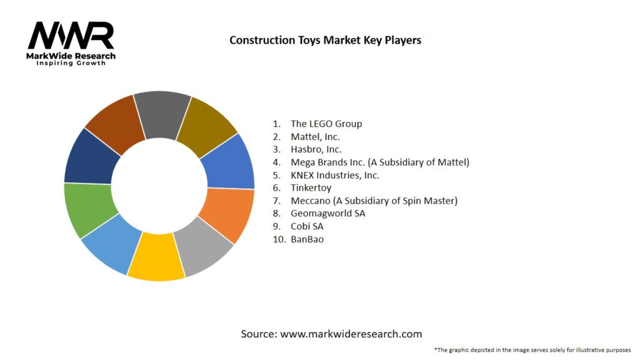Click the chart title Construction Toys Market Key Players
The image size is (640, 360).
325,40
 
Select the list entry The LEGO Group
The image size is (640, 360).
326,124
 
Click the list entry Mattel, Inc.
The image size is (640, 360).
315,136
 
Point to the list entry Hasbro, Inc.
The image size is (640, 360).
316,149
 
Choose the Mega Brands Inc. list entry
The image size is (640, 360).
379,162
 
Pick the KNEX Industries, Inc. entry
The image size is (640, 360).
334,175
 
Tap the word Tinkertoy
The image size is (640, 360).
311,187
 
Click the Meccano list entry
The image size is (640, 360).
374,201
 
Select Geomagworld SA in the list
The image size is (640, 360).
327,213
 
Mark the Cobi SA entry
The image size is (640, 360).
307,226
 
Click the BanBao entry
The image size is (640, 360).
307,239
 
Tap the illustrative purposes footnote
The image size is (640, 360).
532,350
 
